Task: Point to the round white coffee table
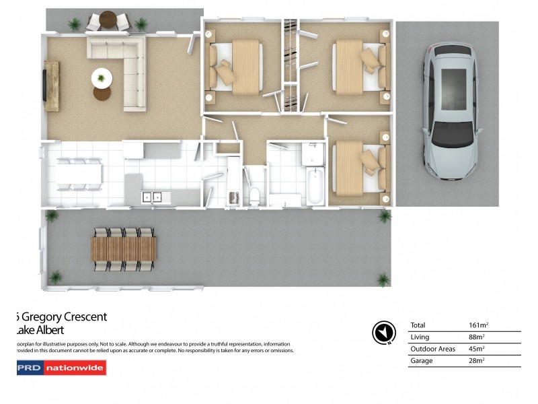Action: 102,78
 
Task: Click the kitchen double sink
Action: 151,197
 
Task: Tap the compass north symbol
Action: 382,332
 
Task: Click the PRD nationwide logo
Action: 61,368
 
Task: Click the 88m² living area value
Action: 475,337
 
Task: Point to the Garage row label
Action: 422,361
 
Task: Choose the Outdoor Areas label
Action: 432,349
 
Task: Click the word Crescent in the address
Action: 84,316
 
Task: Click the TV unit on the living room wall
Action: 51,85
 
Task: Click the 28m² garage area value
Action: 475,361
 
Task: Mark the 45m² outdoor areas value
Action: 475,349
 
